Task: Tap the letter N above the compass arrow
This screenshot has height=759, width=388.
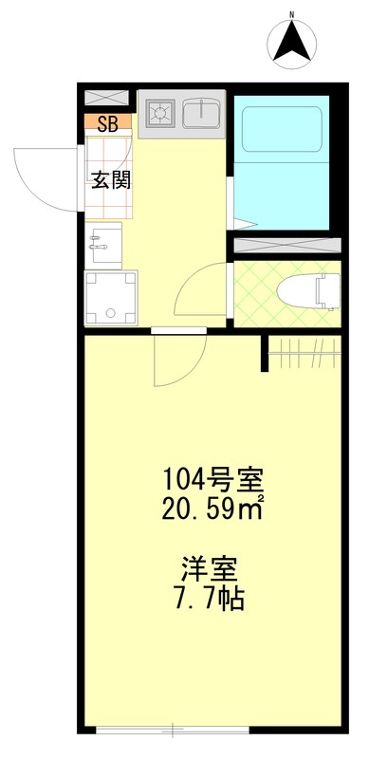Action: click(294, 14)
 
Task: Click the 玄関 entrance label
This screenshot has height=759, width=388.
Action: click(111, 180)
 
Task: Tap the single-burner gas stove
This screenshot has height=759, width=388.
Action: click(158, 114)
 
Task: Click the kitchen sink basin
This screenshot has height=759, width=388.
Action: click(201, 114)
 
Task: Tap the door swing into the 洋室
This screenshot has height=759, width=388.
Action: click(177, 361)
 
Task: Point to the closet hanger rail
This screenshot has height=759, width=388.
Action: click(304, 353)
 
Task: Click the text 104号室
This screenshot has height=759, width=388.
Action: click(210, 479)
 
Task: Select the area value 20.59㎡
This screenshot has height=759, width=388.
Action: click(211, 511)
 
